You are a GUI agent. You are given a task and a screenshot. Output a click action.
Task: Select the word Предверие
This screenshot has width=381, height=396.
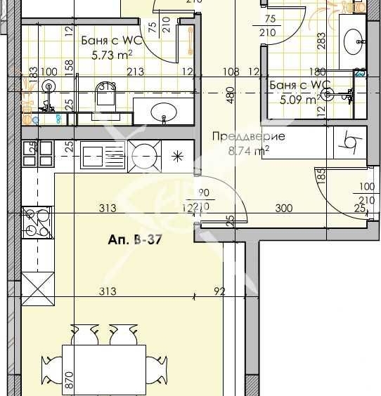click(248, 136)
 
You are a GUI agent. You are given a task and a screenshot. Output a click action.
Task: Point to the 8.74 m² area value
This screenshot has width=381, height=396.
click(248, 149)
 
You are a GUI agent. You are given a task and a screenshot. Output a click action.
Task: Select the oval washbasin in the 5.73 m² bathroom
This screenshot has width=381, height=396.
click(163, 111)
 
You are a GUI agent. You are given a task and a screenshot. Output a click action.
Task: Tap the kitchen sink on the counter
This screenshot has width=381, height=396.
click(103, 151)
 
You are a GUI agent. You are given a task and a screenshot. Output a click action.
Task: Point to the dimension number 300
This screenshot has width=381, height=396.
click(283, 208)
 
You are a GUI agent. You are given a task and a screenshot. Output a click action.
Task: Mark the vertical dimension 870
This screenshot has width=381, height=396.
click(68, 381)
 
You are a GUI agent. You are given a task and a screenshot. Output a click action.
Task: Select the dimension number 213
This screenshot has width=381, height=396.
click(136, 71)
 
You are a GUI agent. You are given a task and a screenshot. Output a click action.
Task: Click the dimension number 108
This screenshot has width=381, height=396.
click(231, 71)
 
